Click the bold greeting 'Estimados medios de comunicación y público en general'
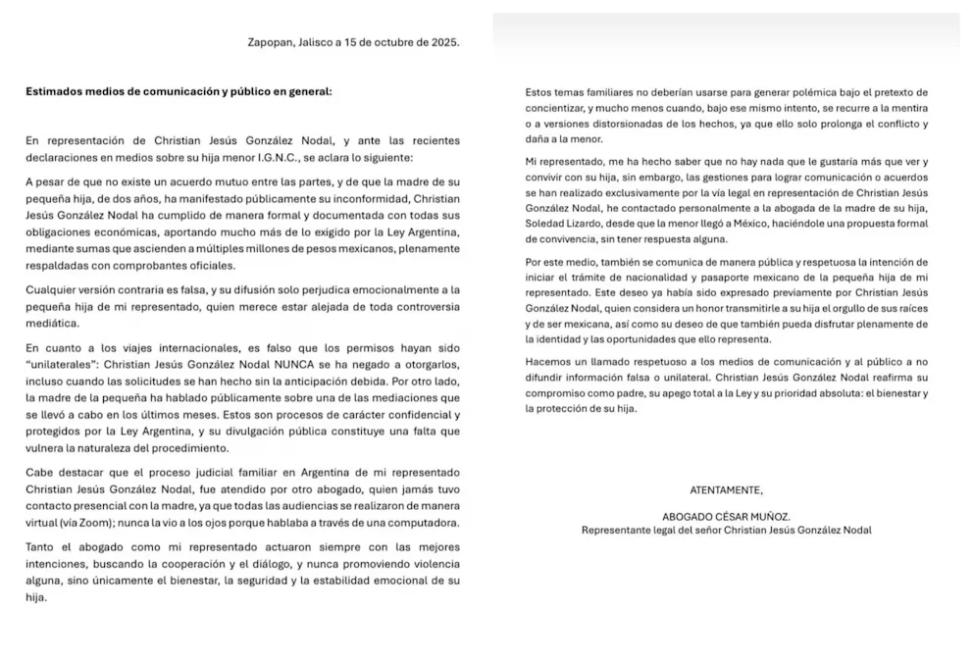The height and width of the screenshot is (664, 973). (179, 91)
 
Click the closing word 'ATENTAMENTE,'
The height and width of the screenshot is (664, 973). (726, 489)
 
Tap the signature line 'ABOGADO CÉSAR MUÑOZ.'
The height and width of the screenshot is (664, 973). (726, 516)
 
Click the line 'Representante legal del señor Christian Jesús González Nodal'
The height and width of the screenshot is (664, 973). (726, 530)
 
